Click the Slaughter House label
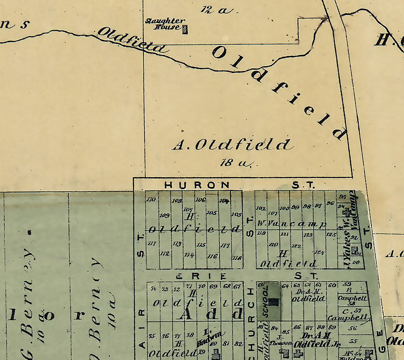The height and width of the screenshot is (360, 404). [165, 24]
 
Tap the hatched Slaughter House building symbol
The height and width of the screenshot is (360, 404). [185, 30]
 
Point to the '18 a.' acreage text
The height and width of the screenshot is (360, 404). [236, 163]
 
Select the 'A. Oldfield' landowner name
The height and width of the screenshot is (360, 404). [232, 145]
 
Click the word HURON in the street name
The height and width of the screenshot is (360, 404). [197, 185]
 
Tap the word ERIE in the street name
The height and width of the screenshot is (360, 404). [201, 276]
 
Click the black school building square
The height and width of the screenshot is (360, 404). [274, 301]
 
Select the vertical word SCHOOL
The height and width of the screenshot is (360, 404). [266, 302]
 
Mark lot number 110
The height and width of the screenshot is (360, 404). [151, 200]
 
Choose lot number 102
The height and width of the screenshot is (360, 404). [261, 209]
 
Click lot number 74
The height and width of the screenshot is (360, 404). [153, 288]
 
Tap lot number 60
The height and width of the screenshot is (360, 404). [332, 285]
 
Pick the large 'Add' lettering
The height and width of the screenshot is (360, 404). [210, 314]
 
